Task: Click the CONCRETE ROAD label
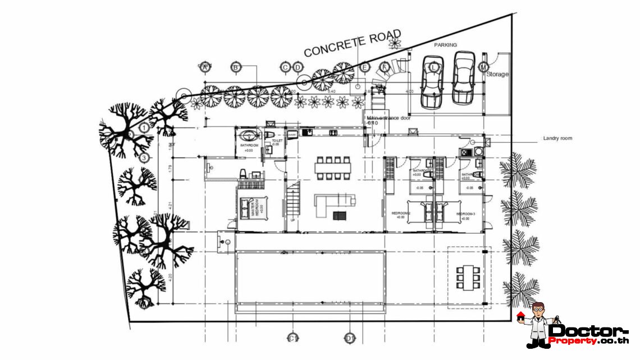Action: pos(352,43)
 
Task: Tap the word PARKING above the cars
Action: pos(445,45)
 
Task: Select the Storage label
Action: pos(497,74)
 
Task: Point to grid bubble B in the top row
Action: pos(236,67)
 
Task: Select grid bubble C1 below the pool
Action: pos(292,338)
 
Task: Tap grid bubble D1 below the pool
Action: pos(350,338)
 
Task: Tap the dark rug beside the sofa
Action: pos(339,215)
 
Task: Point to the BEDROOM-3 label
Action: pos(465,214)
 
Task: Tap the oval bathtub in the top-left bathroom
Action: pos(246,135)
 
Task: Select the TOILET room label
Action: pos(277,141)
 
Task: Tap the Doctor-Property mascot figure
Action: pos(538,325)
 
